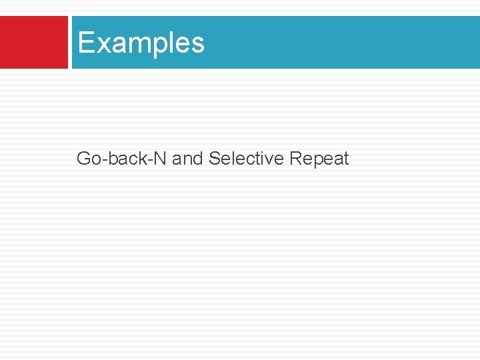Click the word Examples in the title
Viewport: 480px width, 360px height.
(x=141, y=43)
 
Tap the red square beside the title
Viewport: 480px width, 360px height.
(x=33, y=43)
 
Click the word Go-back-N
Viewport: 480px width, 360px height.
(x=122, y=159)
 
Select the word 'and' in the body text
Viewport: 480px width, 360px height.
(x=187, y=159)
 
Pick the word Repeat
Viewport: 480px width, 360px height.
(x=319, y=159)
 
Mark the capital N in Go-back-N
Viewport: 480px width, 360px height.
(x=161, y=159)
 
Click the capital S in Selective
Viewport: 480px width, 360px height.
(x=214, y=159)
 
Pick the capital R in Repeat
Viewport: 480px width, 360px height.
(x=295, y=159)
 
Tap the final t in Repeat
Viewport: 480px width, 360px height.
(x=346, y=159)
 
